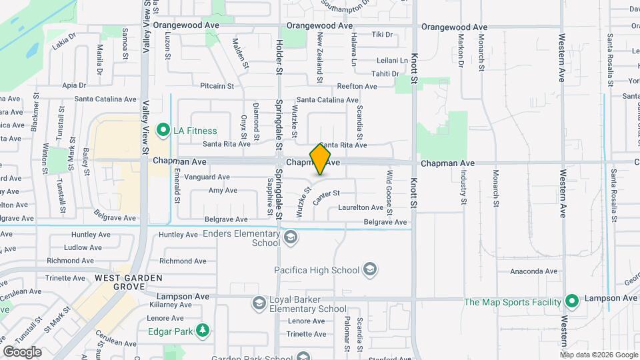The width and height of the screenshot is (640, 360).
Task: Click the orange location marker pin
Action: (x=321, y=159)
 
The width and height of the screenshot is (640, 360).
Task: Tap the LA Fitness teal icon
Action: (x=162, y=131)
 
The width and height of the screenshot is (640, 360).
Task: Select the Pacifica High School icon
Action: (x=370, y=270)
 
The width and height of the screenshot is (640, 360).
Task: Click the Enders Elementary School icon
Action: (x=291, y=238)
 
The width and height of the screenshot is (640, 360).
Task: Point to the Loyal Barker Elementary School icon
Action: (x=259, y=304)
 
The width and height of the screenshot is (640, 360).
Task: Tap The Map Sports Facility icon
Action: (x=571, y=302)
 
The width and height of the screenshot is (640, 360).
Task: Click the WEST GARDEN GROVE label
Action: (x=120, y=281)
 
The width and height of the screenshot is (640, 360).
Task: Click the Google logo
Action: (x=22, y=351)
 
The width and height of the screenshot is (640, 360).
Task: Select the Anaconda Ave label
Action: (x=533, y=271)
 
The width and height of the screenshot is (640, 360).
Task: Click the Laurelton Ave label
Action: (x=361, y=208)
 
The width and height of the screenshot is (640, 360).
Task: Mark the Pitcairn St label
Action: (x=217, y=86)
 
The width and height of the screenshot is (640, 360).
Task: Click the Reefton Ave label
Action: (x=357, y=86)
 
